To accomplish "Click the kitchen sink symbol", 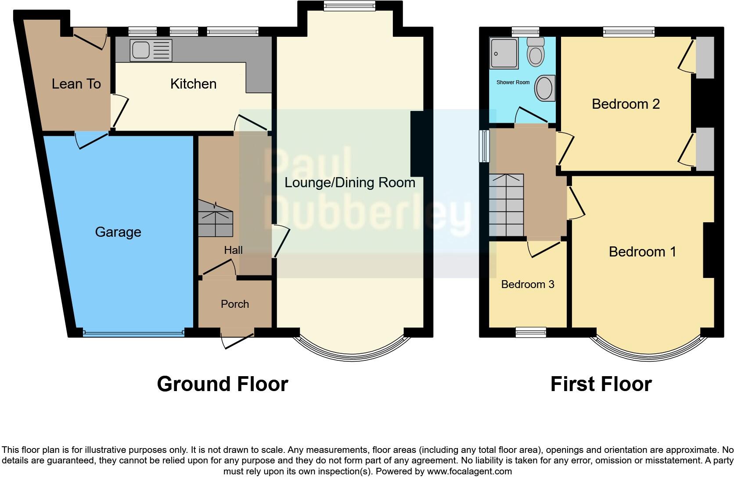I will [151, 50].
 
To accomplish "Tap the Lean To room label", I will [76, 84].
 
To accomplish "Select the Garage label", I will [118, 232].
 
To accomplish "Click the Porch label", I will [235, 304].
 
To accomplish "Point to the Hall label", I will [233, 250].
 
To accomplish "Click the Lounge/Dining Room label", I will [350, 182].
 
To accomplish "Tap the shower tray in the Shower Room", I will [504, 53].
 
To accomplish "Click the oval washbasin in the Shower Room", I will [545, 88].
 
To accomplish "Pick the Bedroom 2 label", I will [626, 104].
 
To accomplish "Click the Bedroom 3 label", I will [528, 284].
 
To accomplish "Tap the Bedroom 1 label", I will [642, 252].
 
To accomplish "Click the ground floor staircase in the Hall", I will [215, 218].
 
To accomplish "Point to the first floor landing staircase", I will [507, 205].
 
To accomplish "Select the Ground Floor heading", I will [222, 384].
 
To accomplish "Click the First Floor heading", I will [601, 384].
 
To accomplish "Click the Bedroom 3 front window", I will [531, 332].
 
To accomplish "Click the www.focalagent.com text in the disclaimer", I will [469, 472].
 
